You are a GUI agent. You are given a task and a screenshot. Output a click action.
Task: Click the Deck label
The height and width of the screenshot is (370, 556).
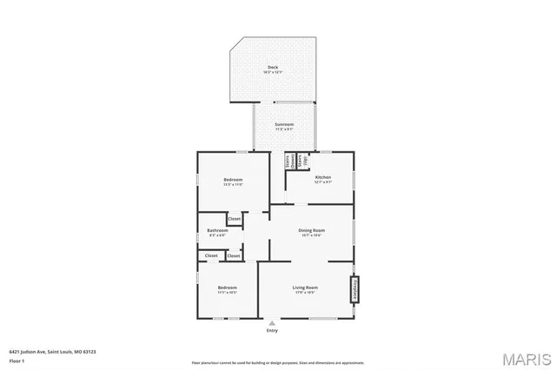(x=274, y=67)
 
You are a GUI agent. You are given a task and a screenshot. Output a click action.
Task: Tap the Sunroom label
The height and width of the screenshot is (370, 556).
(x=284, y=124)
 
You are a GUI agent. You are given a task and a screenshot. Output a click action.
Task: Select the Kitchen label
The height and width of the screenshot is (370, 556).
(x=322, y=177)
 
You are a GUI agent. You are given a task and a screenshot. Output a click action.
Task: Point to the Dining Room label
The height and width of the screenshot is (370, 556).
(x=311, y=230)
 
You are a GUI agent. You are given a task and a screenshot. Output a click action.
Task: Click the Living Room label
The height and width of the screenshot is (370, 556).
(x=304, y=287)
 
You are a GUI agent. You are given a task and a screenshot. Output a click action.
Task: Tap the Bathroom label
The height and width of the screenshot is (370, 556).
(x=217, y=230)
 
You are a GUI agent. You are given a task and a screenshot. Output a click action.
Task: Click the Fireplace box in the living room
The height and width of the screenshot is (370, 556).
(x=354, y=288)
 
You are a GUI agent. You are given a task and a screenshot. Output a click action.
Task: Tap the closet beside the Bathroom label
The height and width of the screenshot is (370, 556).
(x=235, y=219)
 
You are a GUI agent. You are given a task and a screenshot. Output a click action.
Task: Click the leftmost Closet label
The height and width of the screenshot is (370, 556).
(x=211, y=256)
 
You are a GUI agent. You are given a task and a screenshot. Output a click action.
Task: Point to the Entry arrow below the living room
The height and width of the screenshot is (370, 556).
(x=272, y=322)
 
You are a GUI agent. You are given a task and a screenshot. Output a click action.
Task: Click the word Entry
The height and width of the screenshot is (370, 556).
(x=272, y=330)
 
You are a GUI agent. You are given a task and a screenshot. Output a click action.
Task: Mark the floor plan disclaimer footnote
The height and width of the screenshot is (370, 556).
(x=278, y=362)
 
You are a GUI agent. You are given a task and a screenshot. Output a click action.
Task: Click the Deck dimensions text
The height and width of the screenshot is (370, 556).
(x=274, y=72)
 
